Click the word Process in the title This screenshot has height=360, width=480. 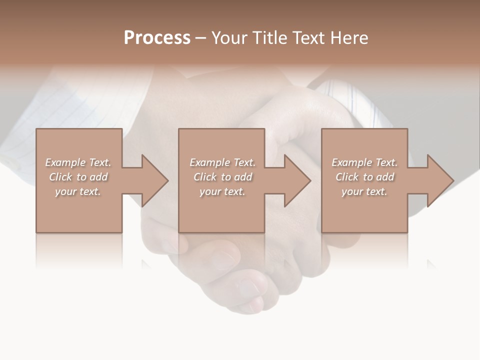157,38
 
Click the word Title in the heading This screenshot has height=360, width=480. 269,38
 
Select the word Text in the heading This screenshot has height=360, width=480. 309,38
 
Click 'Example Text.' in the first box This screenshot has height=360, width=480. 78,162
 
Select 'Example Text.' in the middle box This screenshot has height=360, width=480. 222,162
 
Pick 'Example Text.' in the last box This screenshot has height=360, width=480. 364,162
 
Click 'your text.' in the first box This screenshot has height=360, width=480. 78,191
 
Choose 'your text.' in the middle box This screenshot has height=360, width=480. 222,191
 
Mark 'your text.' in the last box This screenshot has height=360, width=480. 364,191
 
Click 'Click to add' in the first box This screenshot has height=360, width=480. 78,177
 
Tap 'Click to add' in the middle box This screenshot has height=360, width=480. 222,177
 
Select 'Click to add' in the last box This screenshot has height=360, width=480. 364,177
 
